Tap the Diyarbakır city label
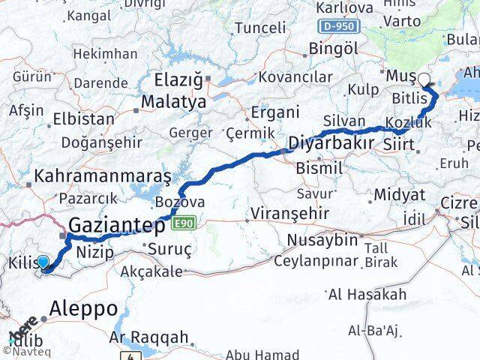click(331, 142)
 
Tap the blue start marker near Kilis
click(43, 262)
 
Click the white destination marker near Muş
click(424, 79)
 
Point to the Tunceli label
click(259, 28)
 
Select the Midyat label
click(398, 195)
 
